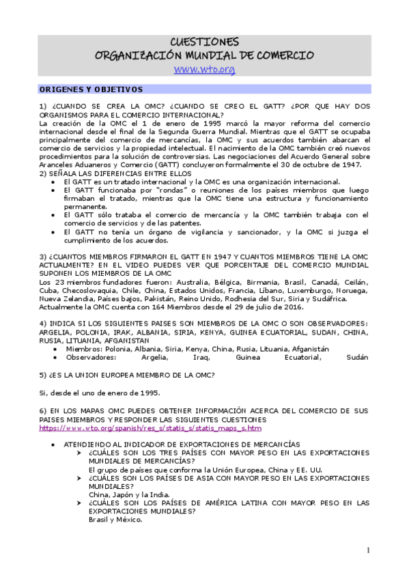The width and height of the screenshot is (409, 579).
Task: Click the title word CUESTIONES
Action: tap(204, 42)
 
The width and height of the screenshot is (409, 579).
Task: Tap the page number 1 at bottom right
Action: tap(368, 550)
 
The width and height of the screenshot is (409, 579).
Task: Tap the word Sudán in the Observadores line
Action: tap(358, 357)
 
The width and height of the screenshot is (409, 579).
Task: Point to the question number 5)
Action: tap(43, 376)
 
